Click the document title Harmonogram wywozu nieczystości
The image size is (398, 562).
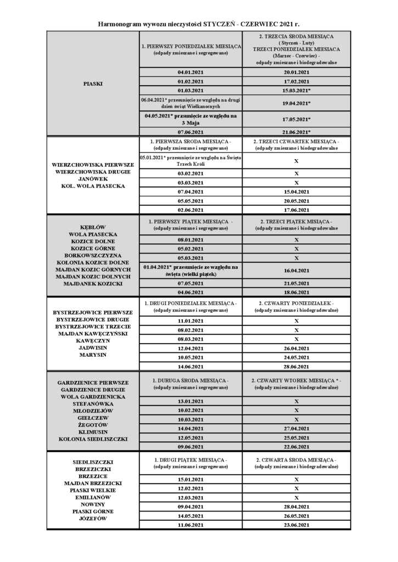pyautogui.click(x=198, y=25)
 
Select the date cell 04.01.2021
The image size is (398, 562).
pyautogui.click(x=190, y=72)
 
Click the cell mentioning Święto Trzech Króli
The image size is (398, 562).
pyautogui.click(x=190, y=160)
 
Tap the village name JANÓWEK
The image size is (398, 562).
pyautogui.click(x=92, y=179)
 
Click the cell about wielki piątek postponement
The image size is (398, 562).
pyautogui.click(x=190, y=270)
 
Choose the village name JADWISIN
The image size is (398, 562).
pyautogui.click(x=92, y=347)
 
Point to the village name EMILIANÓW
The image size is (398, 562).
pyautogui.click(x=92, y=497)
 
